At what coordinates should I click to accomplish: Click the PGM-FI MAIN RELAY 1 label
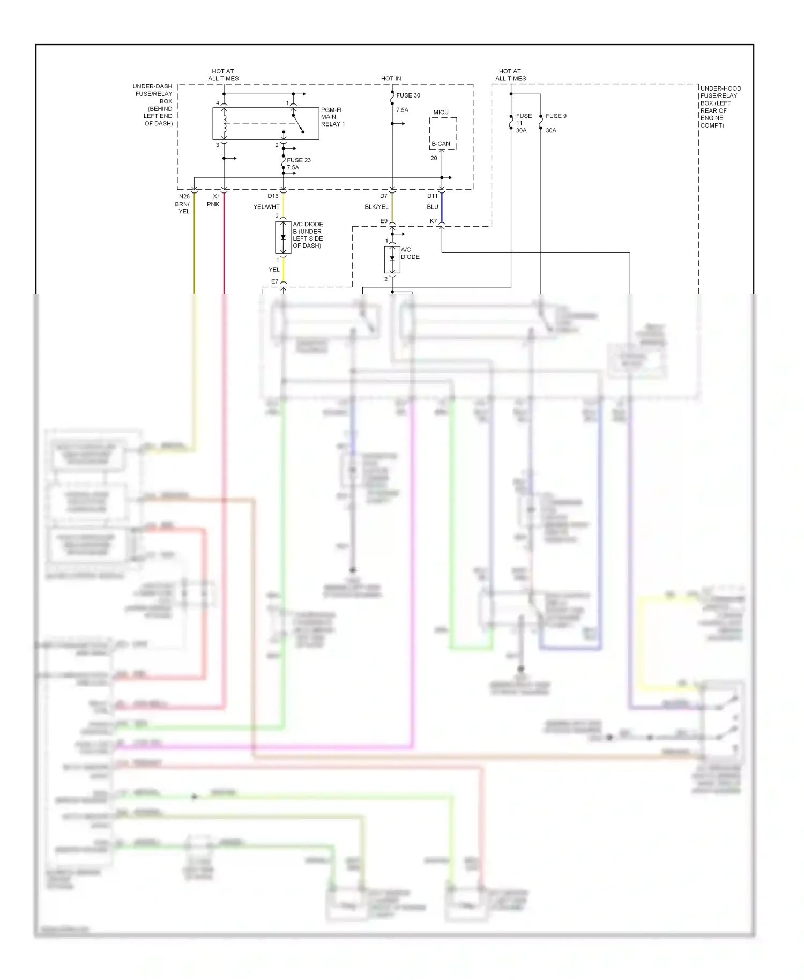point(332,117)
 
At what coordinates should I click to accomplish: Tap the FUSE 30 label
point(408,95)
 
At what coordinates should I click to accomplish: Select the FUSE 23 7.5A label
point(298,164)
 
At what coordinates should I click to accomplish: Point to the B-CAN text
point(441,144)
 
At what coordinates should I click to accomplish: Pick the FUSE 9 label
point(556,116)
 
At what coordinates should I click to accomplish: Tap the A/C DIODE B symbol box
point(283,237)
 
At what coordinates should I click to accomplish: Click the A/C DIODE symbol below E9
point(392,259)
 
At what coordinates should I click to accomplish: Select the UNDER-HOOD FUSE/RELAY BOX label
point(720,107)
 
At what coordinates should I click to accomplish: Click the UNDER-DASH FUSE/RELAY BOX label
point(153,105)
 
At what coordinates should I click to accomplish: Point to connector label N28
point(184,197)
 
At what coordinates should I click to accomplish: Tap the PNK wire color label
point(213,204)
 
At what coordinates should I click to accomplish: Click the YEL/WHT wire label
point(266,207)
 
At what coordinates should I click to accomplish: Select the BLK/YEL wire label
point(376,207)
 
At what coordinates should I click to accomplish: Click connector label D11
point(432,196)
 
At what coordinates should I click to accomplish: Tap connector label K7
point(433,221)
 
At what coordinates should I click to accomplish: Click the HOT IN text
point(391,79)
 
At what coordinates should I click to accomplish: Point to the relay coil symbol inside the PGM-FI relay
point(225,123)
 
